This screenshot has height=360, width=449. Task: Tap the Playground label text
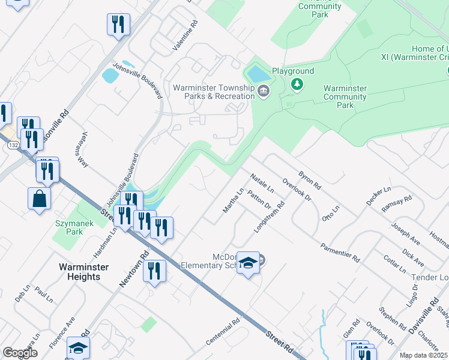293,71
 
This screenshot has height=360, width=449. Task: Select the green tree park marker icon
295,85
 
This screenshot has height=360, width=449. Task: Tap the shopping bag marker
39,198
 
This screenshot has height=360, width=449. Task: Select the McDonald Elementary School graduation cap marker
248,263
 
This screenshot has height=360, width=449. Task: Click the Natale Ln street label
262,184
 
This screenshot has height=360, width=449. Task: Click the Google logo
20,353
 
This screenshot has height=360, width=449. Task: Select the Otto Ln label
331,213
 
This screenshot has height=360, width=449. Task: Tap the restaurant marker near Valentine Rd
118,24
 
